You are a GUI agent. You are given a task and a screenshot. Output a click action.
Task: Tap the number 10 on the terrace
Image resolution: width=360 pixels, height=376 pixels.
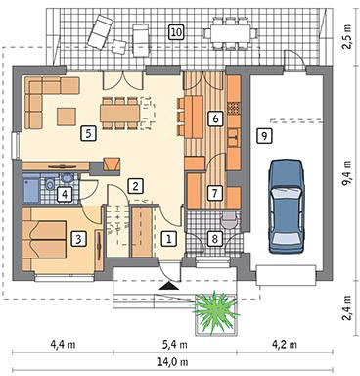point(176,32)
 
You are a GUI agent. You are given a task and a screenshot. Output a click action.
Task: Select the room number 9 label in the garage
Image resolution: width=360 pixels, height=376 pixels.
point(264,135)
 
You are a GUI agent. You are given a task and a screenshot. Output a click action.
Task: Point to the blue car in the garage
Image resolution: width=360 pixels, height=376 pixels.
point(286,206)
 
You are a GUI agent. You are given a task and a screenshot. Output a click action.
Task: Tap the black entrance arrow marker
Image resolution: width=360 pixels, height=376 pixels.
point(169,286)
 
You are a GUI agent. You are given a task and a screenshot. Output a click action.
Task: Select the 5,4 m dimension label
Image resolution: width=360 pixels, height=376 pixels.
point(174,344)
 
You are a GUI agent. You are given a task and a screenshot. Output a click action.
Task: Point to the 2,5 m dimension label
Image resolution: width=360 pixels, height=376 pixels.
point(346,36)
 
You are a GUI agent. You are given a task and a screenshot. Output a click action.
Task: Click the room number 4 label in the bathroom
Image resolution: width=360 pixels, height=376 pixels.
point(65,195)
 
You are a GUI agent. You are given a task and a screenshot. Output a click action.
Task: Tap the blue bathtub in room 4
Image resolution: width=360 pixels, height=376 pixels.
point(31,188)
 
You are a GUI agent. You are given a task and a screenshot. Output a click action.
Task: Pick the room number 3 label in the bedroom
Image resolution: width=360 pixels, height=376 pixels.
point(78,239)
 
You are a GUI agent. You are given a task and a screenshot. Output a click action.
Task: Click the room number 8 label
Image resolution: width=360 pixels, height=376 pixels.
point(214,239)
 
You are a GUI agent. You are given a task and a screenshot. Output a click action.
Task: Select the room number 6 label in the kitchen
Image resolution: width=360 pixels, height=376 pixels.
point(215,118)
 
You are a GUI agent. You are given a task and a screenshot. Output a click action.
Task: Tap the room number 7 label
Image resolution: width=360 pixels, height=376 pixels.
point(214,193)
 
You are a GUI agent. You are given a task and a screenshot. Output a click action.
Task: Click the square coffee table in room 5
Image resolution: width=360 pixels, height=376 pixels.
point(67,117)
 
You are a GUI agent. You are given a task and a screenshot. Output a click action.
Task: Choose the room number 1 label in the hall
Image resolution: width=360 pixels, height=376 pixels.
point(168,239)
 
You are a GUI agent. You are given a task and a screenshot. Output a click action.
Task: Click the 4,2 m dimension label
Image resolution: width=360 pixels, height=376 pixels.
point(284,344)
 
